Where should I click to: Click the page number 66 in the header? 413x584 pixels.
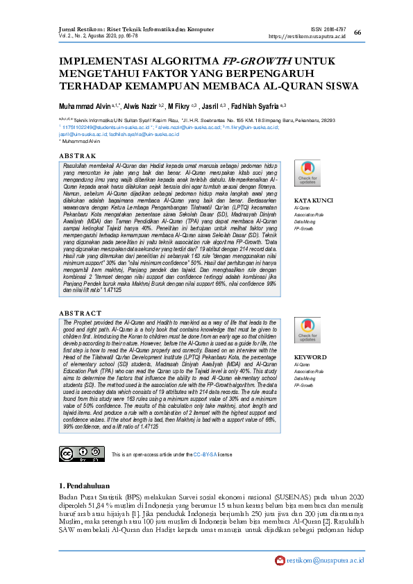357,33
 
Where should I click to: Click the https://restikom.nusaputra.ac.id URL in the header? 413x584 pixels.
307,36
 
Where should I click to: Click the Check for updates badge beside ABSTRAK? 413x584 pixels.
307,173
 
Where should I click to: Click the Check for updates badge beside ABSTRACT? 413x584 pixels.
307,331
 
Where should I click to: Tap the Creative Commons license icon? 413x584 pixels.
76,453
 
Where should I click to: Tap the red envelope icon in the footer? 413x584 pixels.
280,560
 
